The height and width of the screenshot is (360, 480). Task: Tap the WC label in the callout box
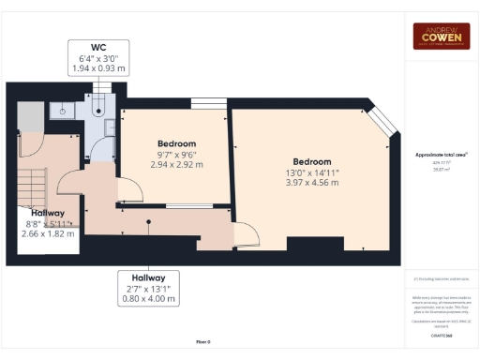point(98,47)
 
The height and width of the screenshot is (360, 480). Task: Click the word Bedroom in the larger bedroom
point(311,161)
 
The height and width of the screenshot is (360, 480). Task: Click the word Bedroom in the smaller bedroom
point(175,143)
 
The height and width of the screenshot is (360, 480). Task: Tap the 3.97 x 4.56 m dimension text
point(311,183)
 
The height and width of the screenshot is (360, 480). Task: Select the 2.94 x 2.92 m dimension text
point(175,165)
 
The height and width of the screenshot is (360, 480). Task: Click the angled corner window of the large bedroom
point(382,123)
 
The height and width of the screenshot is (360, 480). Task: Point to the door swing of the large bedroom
point(246,237)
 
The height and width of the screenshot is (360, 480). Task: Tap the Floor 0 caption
point(202,342)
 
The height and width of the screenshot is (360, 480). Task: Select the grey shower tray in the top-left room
point(28,116)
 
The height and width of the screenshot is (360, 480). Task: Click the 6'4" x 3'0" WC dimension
point(98,59)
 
